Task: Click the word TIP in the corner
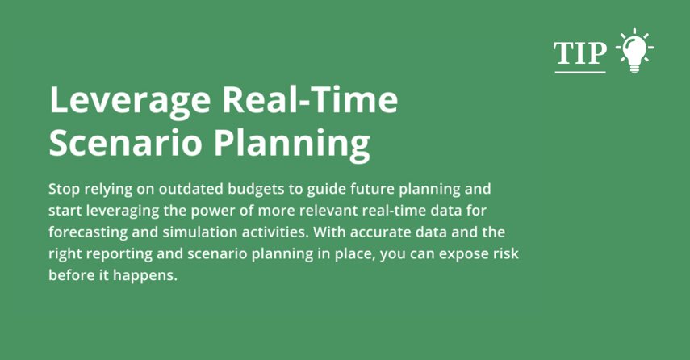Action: (579, 53)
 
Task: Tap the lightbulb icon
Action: (634, 52)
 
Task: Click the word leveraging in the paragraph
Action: (120, 211)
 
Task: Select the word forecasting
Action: (86, 232)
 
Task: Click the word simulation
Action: (194, 232)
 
